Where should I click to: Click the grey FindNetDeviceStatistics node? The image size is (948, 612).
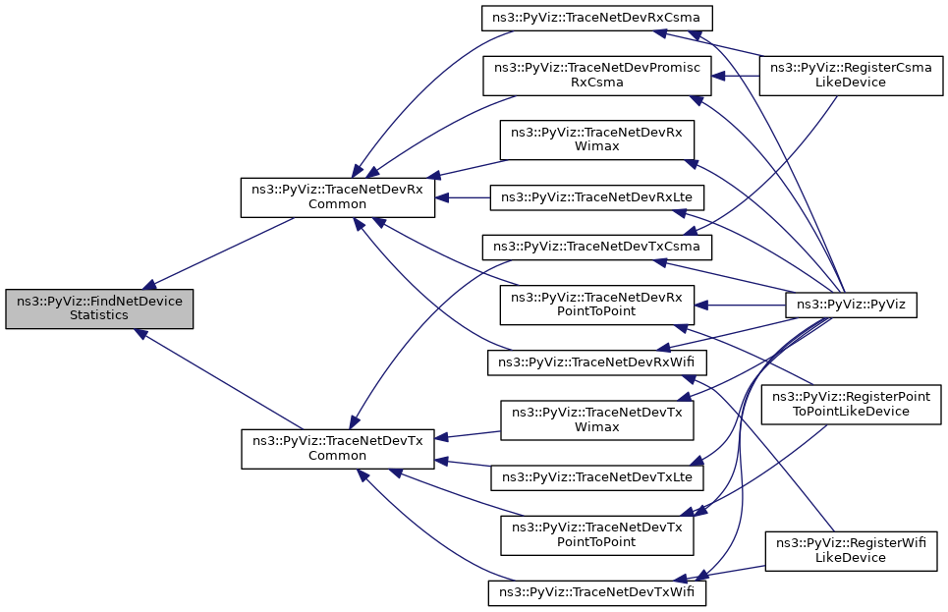tap(99, 308)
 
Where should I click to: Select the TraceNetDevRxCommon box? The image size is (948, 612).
tap(338, 196)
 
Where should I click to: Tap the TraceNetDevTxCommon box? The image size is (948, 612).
tap(338, 449)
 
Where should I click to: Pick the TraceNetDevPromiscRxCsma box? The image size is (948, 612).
tap(598, 76)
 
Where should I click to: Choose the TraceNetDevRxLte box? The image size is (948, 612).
tap(597, 196)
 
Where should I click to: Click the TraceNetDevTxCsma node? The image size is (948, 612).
tap(596, 243)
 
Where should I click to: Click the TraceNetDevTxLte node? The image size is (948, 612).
tap(597, 477)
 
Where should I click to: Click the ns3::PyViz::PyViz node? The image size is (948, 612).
tap(852, 306)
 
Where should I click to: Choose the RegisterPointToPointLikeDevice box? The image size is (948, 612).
tap(852, 405)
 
